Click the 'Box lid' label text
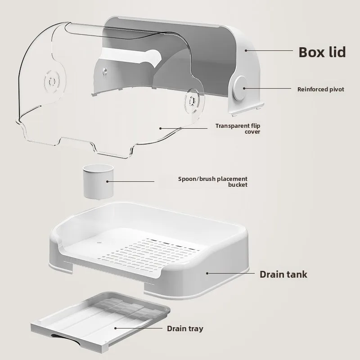[322, 52]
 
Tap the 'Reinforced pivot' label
[321, 89]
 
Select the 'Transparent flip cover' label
[238, 129]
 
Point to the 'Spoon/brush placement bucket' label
[213, 182]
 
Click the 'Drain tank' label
[283, 274]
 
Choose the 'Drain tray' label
[185, 328]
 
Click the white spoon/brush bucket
[98, 181]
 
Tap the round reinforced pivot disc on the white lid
[240, 88]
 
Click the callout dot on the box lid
[246, 50]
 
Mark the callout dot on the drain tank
[207, 273]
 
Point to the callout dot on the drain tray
[116, 328]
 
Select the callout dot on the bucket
[107, 181]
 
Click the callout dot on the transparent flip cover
[161, 128]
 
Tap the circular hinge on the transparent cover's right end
[192, 101]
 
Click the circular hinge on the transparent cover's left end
[52, 81]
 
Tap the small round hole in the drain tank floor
[99, 243]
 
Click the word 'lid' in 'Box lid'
[337, 52]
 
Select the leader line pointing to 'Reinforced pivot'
[268, 88]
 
